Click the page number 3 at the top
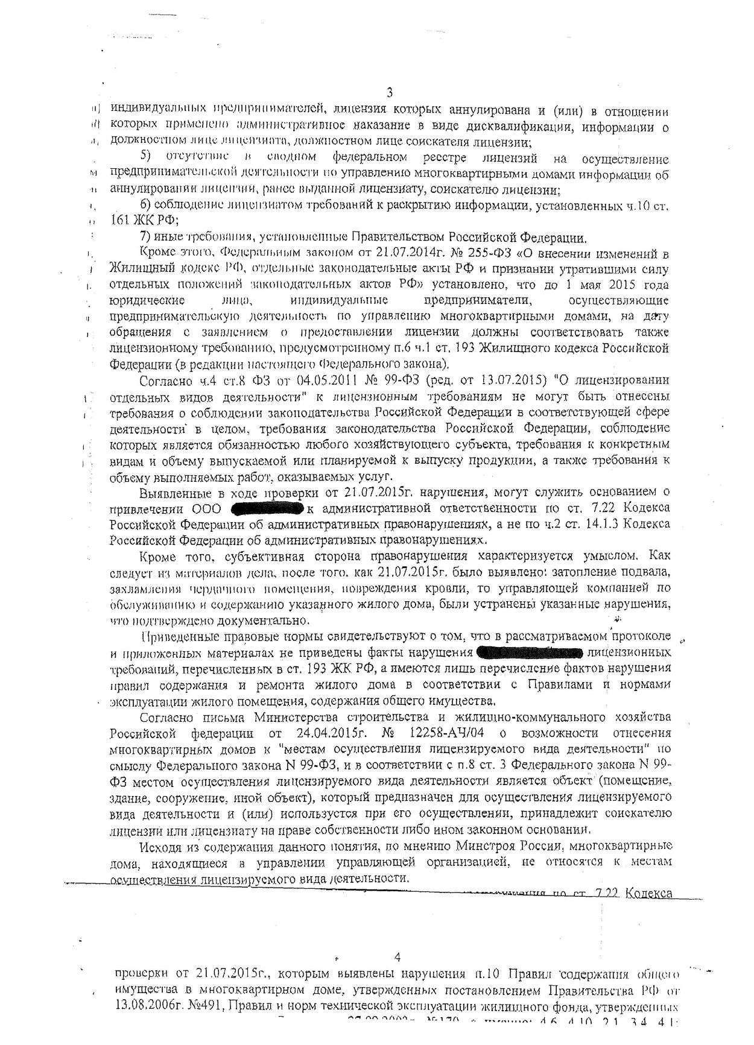coord(389,93)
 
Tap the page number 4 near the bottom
coord(397,957)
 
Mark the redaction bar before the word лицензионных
coord(529,653)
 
